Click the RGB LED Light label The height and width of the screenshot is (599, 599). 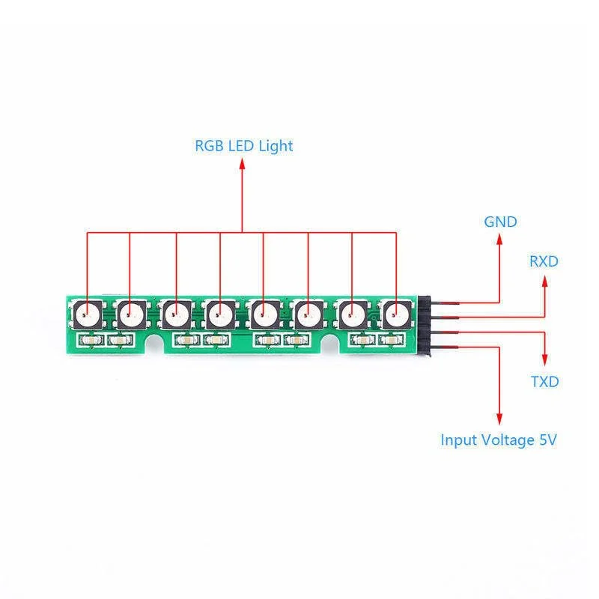(x=243, y=146)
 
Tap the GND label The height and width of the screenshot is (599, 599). (x=500, y=222)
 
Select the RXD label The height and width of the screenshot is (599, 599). (x=544, y=261)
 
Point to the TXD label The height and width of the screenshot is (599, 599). (x=544, y=382)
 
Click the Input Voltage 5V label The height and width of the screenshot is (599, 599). (x=498, y=440)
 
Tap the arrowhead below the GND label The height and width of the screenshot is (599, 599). (x=499, y=240)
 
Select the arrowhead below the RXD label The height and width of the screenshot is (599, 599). (x=544, y=281)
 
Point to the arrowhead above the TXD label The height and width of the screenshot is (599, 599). (x=544, y=359)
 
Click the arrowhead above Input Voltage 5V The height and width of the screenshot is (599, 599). (x=499, y=418)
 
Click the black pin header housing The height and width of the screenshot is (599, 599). (x=425, y=325)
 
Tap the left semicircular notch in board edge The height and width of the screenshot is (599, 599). (x=156, y=344)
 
